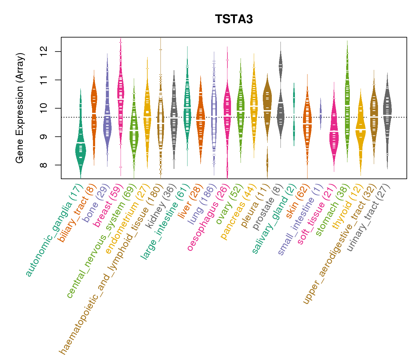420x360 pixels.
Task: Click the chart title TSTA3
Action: [x=234, y=19]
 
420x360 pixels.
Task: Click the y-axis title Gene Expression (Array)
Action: [x=20, y=108]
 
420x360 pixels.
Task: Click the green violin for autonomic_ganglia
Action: [x=80, y=150]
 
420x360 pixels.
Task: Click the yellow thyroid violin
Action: [x=361, y=129]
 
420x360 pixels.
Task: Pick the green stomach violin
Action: [x=347, y=99]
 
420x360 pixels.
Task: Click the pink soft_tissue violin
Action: [x=334, y=135]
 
